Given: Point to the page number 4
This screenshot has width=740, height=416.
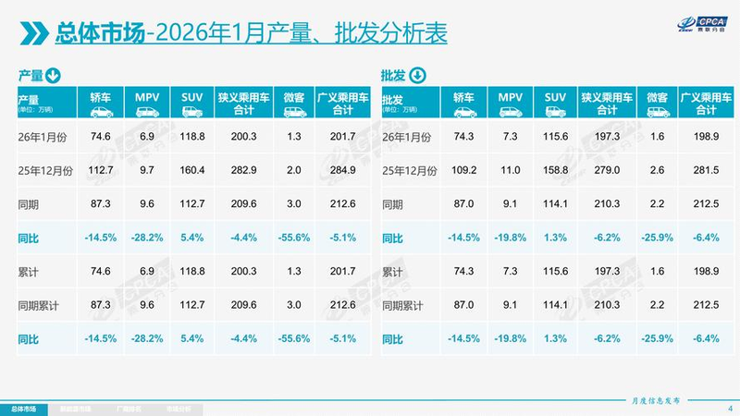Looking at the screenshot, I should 730,408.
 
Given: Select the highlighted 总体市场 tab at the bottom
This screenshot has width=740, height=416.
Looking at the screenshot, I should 25,408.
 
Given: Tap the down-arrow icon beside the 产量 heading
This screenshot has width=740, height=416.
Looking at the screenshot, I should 53,75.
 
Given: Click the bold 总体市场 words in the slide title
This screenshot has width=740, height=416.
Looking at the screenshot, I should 100,34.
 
